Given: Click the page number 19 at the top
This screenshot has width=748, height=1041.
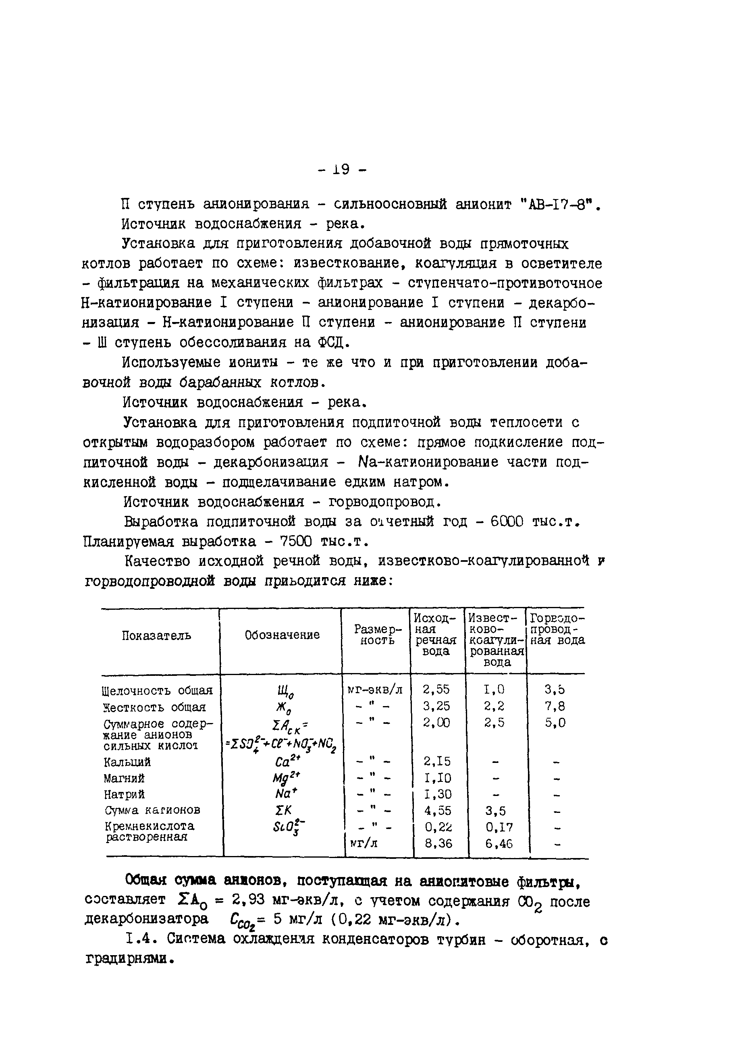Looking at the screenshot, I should (341, 170).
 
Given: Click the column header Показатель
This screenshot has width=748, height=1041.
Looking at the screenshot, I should (156, 636).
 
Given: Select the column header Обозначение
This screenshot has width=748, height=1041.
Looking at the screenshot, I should (282, 635).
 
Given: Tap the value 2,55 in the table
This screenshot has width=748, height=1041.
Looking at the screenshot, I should (436, 690).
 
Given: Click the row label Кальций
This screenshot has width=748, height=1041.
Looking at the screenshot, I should (127, 763).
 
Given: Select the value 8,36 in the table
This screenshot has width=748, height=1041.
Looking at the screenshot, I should (438, 844).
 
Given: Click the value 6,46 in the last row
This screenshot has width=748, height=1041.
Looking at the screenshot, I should (499, 844).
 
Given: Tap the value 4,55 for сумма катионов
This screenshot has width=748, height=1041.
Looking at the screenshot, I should (437, 810).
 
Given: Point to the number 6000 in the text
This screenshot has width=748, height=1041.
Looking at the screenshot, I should (506, 522).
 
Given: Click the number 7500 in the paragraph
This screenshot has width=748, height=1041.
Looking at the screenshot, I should (295, 542).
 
